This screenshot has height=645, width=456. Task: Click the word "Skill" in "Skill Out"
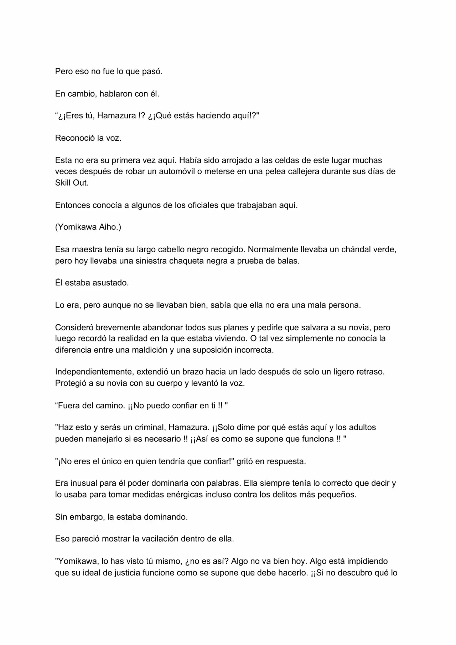pyautogui.click(x=63, y=183)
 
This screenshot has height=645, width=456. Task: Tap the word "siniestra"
pyautogui.click(x=151, y=261)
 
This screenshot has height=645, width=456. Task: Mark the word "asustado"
pyautogui.click(x=110, y=283)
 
